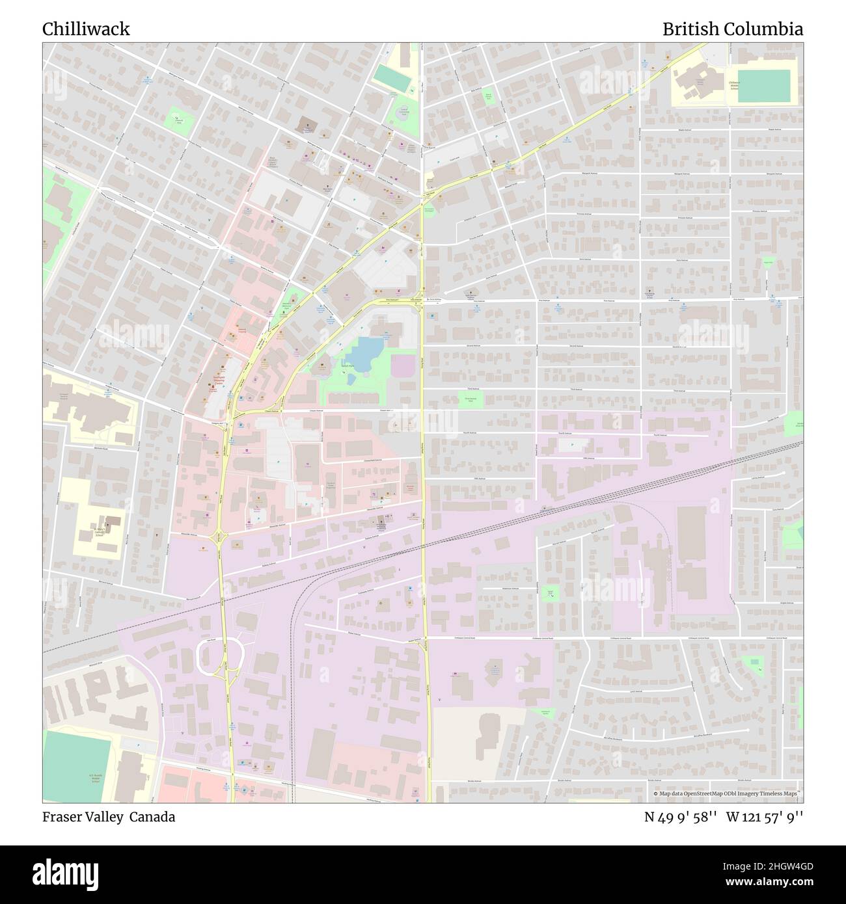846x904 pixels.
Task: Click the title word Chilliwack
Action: tap(86, 29)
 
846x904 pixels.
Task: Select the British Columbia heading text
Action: tap(732, 29)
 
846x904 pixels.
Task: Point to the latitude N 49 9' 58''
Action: tap(680, 817)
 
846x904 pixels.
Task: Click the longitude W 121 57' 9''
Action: tap(765, 817)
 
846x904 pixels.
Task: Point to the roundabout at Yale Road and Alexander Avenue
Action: tap(219, 538)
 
